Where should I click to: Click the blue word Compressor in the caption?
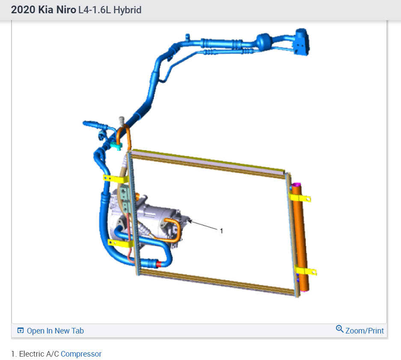(x=81, y=354)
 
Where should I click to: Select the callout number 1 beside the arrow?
(x=222, y=231)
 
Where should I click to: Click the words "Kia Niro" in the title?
(x=57, y=10)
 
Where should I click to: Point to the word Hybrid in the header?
(x=128, y=10)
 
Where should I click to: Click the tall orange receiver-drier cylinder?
(x=301, y=238)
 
